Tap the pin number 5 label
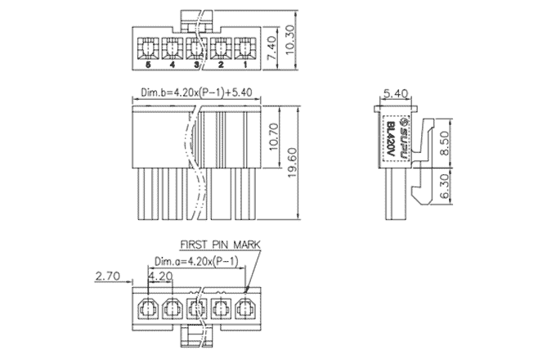pos(148,64)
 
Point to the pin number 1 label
pos(245,64)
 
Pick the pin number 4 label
pos(173,64)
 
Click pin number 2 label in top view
pos(221,64)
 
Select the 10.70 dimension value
pos(276,136)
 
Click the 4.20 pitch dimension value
pos(160,277)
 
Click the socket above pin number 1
pos(245,45)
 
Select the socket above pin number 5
pos(148,45)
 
